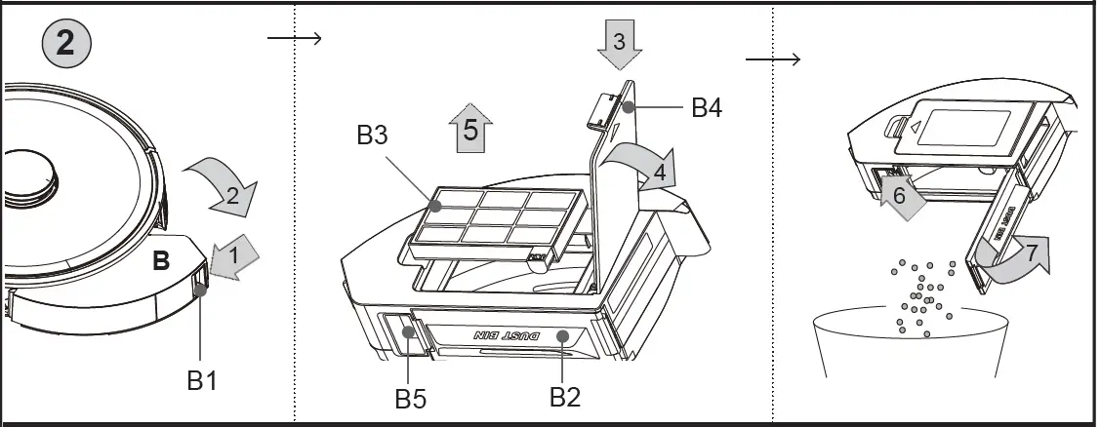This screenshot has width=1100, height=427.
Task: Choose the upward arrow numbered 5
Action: click(471, 130)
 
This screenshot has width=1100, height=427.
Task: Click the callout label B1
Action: click(202, 380)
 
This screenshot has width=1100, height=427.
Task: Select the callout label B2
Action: click(565, 397)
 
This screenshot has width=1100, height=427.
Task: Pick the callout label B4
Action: click(706, 107)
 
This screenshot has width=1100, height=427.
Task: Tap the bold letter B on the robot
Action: click(162, 261)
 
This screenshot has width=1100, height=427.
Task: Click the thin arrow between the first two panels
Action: click(294, 38)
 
